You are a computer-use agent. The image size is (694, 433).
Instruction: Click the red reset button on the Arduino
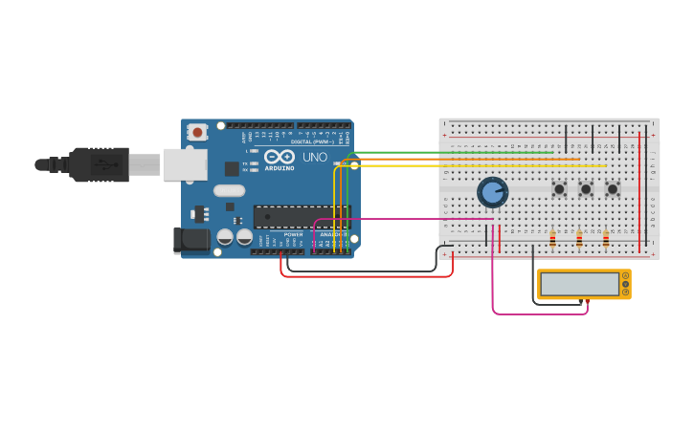(197, 132)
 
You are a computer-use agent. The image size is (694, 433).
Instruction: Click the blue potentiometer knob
(492, 192)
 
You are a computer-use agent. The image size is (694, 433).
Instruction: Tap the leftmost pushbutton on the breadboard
(559, 189)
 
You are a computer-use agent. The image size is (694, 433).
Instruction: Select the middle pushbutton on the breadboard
(586, 189)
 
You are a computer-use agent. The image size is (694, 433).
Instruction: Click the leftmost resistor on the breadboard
(552, 239)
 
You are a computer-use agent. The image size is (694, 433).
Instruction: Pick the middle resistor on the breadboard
(579, 239)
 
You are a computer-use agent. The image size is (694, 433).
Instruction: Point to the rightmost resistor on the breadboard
(606, 239)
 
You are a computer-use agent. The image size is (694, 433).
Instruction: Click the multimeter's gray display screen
(579, 284)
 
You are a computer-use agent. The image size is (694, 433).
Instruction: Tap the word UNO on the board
(315, 157)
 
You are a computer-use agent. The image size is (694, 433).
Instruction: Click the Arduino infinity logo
(280, 157)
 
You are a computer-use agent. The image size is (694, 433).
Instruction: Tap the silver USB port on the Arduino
(185, 164)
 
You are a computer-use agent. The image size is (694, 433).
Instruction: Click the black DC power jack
(191, 240)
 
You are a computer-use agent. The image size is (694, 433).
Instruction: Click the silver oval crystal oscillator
(230, 190)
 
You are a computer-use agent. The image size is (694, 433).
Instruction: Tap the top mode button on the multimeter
(625, 276)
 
